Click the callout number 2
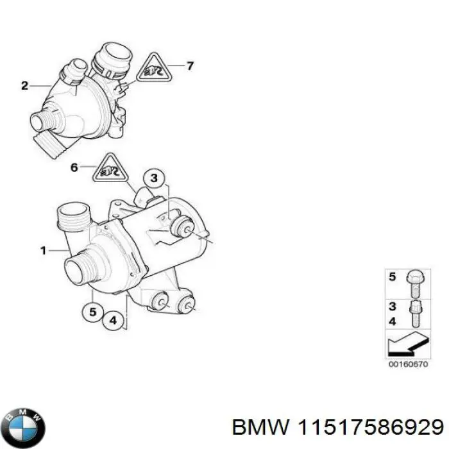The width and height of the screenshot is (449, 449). click(24, 85)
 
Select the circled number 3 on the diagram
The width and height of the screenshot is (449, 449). click(153, 177)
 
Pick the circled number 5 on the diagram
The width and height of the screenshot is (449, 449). click(93, 313)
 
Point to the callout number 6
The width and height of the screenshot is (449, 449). click(74, 168)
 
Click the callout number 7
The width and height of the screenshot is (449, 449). click(189, 65)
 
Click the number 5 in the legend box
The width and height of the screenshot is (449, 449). click(393, 278)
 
